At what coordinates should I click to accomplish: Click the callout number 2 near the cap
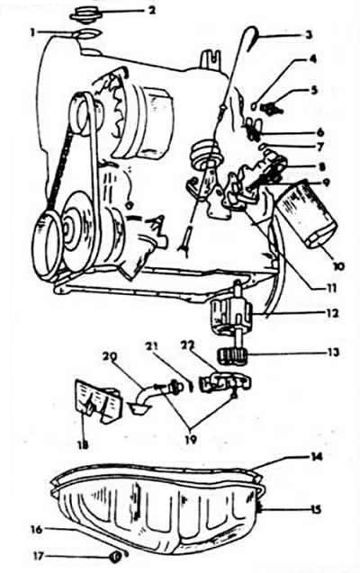click(x=151, y=10)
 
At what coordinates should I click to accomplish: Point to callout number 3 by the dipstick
click(x=310, y=35)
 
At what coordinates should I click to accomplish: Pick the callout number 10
click(x=337, y=266)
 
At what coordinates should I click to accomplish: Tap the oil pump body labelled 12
click(x=231, y=314)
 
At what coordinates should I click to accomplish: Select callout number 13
click(x=333, y=353)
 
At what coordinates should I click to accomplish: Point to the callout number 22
click(x=187, y=345)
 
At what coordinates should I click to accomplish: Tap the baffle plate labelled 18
click(x=98, y=401)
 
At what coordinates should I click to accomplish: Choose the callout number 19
click(x=190, y=439)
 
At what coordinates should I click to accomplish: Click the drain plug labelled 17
click(x=114, y=557)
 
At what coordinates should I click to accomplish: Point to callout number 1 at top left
click(x=33, y=33)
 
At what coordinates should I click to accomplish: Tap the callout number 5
click(x=313, y=90)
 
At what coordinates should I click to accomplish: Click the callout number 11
click(x=330, y=288)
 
